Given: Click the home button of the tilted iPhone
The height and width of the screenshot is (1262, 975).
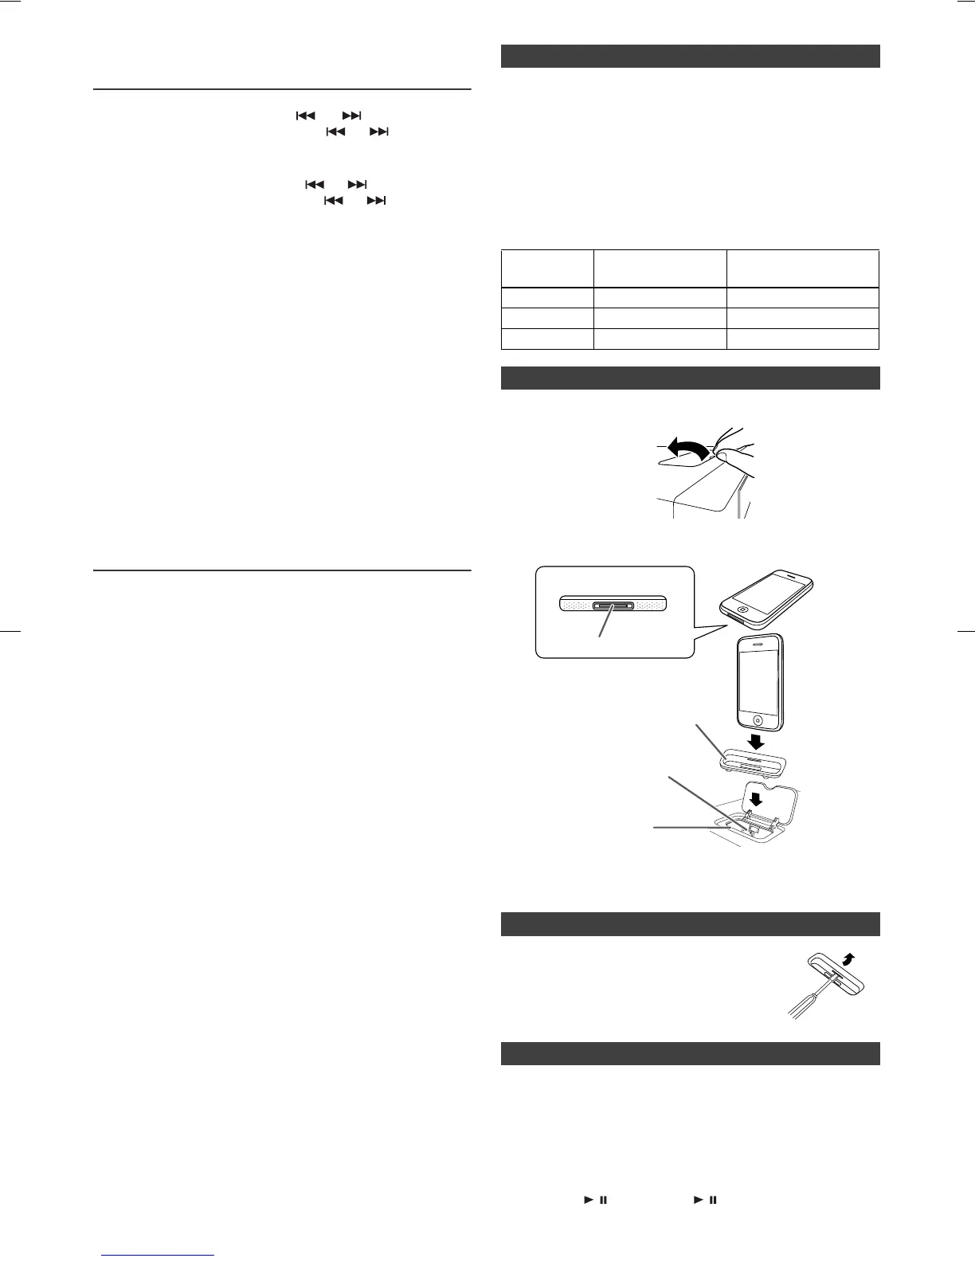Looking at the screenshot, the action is (x=742, y=610).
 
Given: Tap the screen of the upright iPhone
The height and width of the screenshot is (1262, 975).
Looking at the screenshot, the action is (x=762, y=682).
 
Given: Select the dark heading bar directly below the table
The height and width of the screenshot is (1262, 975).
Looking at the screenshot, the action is (x=690, y=378).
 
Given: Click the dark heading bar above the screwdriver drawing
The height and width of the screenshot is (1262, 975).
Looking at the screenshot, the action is (x=690, y=923).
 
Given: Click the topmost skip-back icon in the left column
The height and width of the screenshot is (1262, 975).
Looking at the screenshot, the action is (x=306, y=116).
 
